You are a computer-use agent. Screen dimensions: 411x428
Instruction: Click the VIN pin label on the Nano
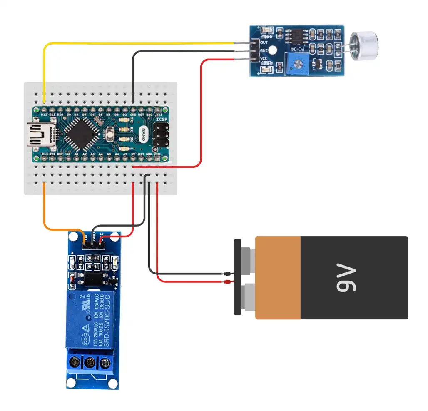pos(157,154)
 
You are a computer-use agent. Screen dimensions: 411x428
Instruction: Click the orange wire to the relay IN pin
pos(58,228)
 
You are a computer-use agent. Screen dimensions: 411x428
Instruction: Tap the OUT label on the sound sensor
pos(264,42)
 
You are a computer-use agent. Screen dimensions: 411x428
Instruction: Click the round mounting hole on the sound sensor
pos(273,50)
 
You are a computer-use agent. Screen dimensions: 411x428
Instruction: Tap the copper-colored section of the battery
pos(278,278)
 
